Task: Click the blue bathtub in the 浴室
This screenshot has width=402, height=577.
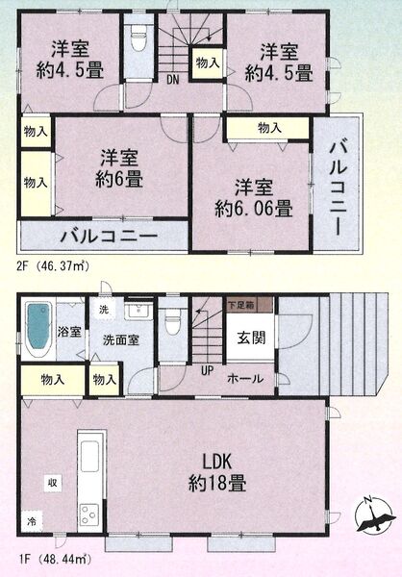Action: click(x=38, y=326)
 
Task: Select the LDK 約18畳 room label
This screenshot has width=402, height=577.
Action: click(x=217, y=472)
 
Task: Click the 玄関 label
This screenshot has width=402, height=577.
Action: click(x=251, y=338)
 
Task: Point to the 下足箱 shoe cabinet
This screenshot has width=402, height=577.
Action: click(x=250, y=305)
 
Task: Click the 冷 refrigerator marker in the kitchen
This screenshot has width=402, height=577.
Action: click(x=32, y=520)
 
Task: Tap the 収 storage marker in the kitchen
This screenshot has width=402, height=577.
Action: click(x=54, y=482)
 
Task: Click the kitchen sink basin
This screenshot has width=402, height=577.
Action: click(x=89, y=456)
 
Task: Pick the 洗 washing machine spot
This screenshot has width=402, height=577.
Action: click(x=104, y=309)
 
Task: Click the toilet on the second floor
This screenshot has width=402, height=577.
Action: click(x=138, y=40)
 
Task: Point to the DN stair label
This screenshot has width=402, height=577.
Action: click(x=172, y=80)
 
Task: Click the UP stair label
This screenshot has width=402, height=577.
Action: click(x=208, y=370)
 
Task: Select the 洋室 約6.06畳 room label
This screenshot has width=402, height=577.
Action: click(x=254, y=198)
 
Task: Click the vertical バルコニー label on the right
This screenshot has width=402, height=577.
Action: click(x=338, y=188)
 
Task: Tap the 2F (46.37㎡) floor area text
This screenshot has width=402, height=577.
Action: click(x=53, y=265)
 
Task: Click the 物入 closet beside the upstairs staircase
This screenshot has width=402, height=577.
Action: click(x=208, y=63)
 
